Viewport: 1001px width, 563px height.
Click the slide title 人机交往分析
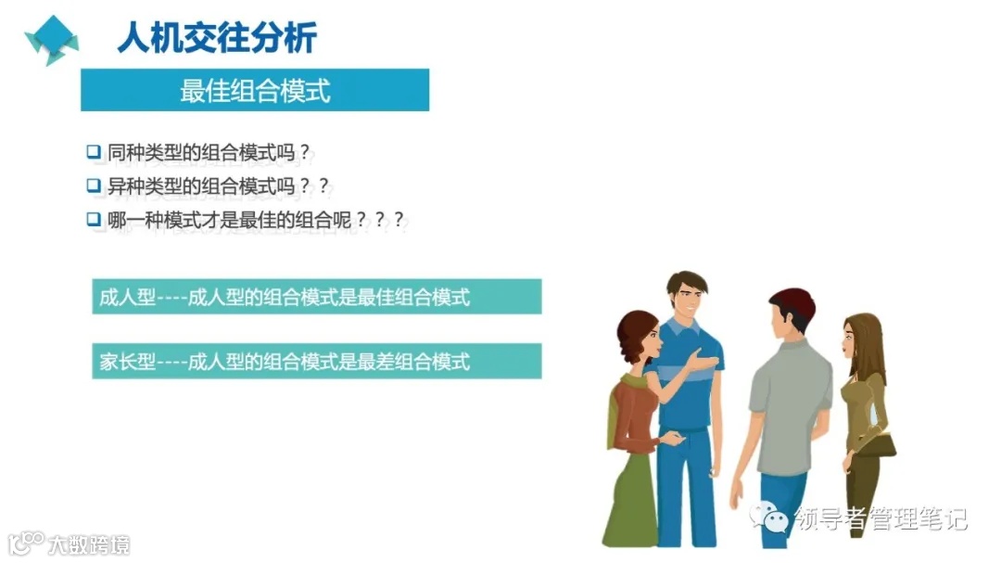(217, 37)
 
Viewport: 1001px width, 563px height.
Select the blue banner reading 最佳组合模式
(255, 90)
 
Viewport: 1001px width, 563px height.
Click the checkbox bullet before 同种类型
(93, 151)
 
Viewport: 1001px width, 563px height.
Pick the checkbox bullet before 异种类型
(93, 186)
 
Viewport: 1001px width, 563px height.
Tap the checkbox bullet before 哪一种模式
(93, 220)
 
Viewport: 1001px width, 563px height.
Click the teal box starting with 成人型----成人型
(316, 297)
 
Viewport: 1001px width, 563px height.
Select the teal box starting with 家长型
(316, 361)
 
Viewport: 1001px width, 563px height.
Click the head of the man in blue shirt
(685, 296)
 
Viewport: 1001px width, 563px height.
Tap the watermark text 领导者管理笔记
(881, 518)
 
